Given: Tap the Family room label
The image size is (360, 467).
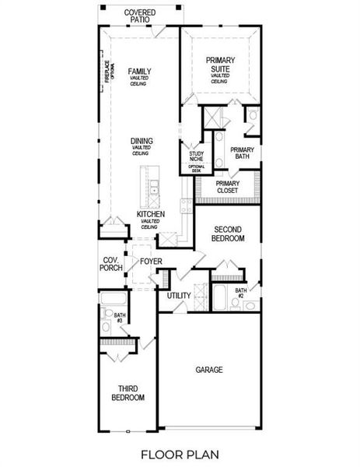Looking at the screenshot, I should [140, 72].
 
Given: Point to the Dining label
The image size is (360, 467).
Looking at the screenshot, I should [142, 141].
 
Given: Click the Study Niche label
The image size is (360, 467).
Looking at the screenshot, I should [195, 157].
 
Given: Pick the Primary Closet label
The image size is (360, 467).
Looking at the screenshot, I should [229, 188].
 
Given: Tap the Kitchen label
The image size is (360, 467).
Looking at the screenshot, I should [151, 213].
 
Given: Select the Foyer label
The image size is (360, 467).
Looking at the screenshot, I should [151, 262].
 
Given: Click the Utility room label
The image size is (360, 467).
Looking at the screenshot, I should [179, 296].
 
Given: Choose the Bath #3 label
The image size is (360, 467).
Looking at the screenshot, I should [119, 318].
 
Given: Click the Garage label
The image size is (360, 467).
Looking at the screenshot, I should [208, 370].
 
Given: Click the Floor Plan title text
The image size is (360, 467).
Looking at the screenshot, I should [180, 453].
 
